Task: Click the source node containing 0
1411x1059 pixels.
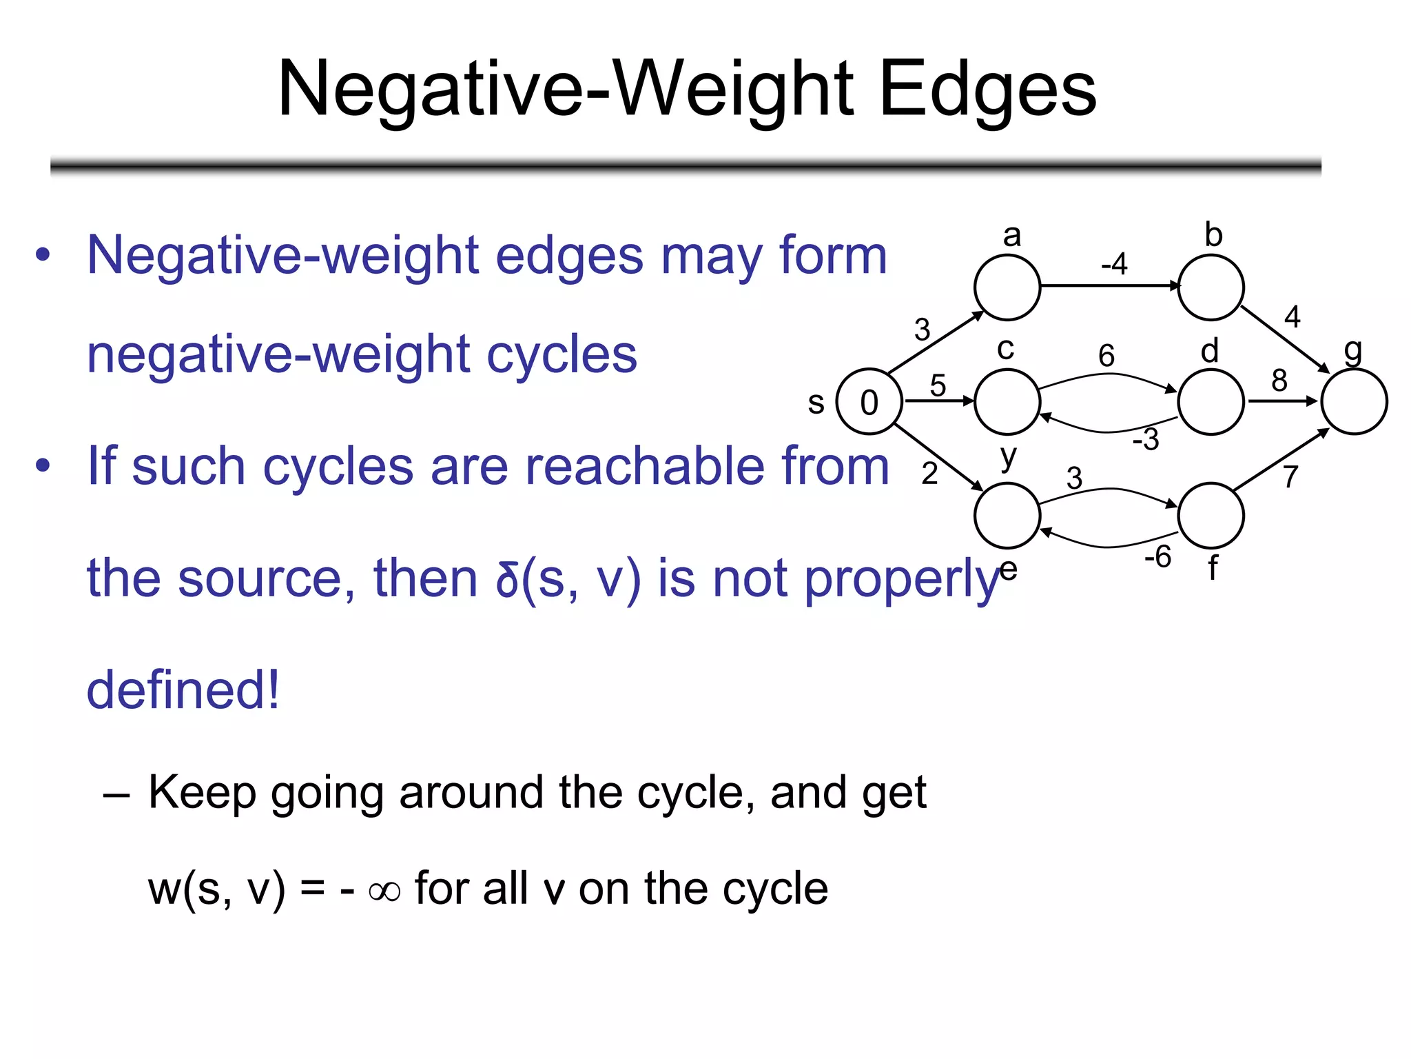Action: point(869,402)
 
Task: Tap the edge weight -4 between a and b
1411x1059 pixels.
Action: point(1114,263)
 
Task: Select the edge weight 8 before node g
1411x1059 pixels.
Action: point(1279,380)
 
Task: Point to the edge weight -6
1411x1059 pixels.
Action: point(1157,556)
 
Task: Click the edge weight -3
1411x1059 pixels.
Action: point(1146,439)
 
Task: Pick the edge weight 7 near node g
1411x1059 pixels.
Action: point(1290,476)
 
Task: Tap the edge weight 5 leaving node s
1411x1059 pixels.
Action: point(938,385)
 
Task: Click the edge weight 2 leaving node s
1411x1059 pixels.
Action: point(929,474)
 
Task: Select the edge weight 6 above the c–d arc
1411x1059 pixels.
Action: point(1106,356)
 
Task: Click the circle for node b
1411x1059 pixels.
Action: point(1211,288)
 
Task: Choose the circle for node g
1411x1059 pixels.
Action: point(1354,402)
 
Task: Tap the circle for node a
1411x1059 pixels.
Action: point(1007,288)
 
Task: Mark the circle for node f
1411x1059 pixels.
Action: point(1211,516)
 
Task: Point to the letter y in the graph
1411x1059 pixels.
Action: point(1008,456)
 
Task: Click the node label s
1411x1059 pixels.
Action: point(816,403)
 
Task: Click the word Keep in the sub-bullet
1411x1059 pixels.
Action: point(202,792)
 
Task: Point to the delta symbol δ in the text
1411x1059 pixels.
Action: point(507,579)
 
